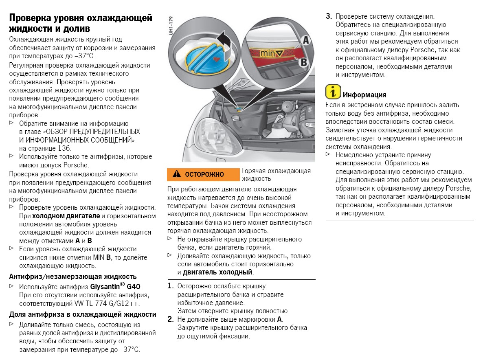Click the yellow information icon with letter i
point(333,92)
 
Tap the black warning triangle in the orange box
point(176,174)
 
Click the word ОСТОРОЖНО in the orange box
point(204,174)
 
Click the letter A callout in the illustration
point(306,40)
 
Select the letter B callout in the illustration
point(303,62)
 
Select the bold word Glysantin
point(107,287)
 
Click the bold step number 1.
point(171,286)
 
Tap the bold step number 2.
point(171,319)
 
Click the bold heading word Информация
point(364,95)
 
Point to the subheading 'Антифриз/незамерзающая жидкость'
point(72,277)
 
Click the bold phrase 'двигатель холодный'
point(218,272)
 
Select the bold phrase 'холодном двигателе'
point(66,215)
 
